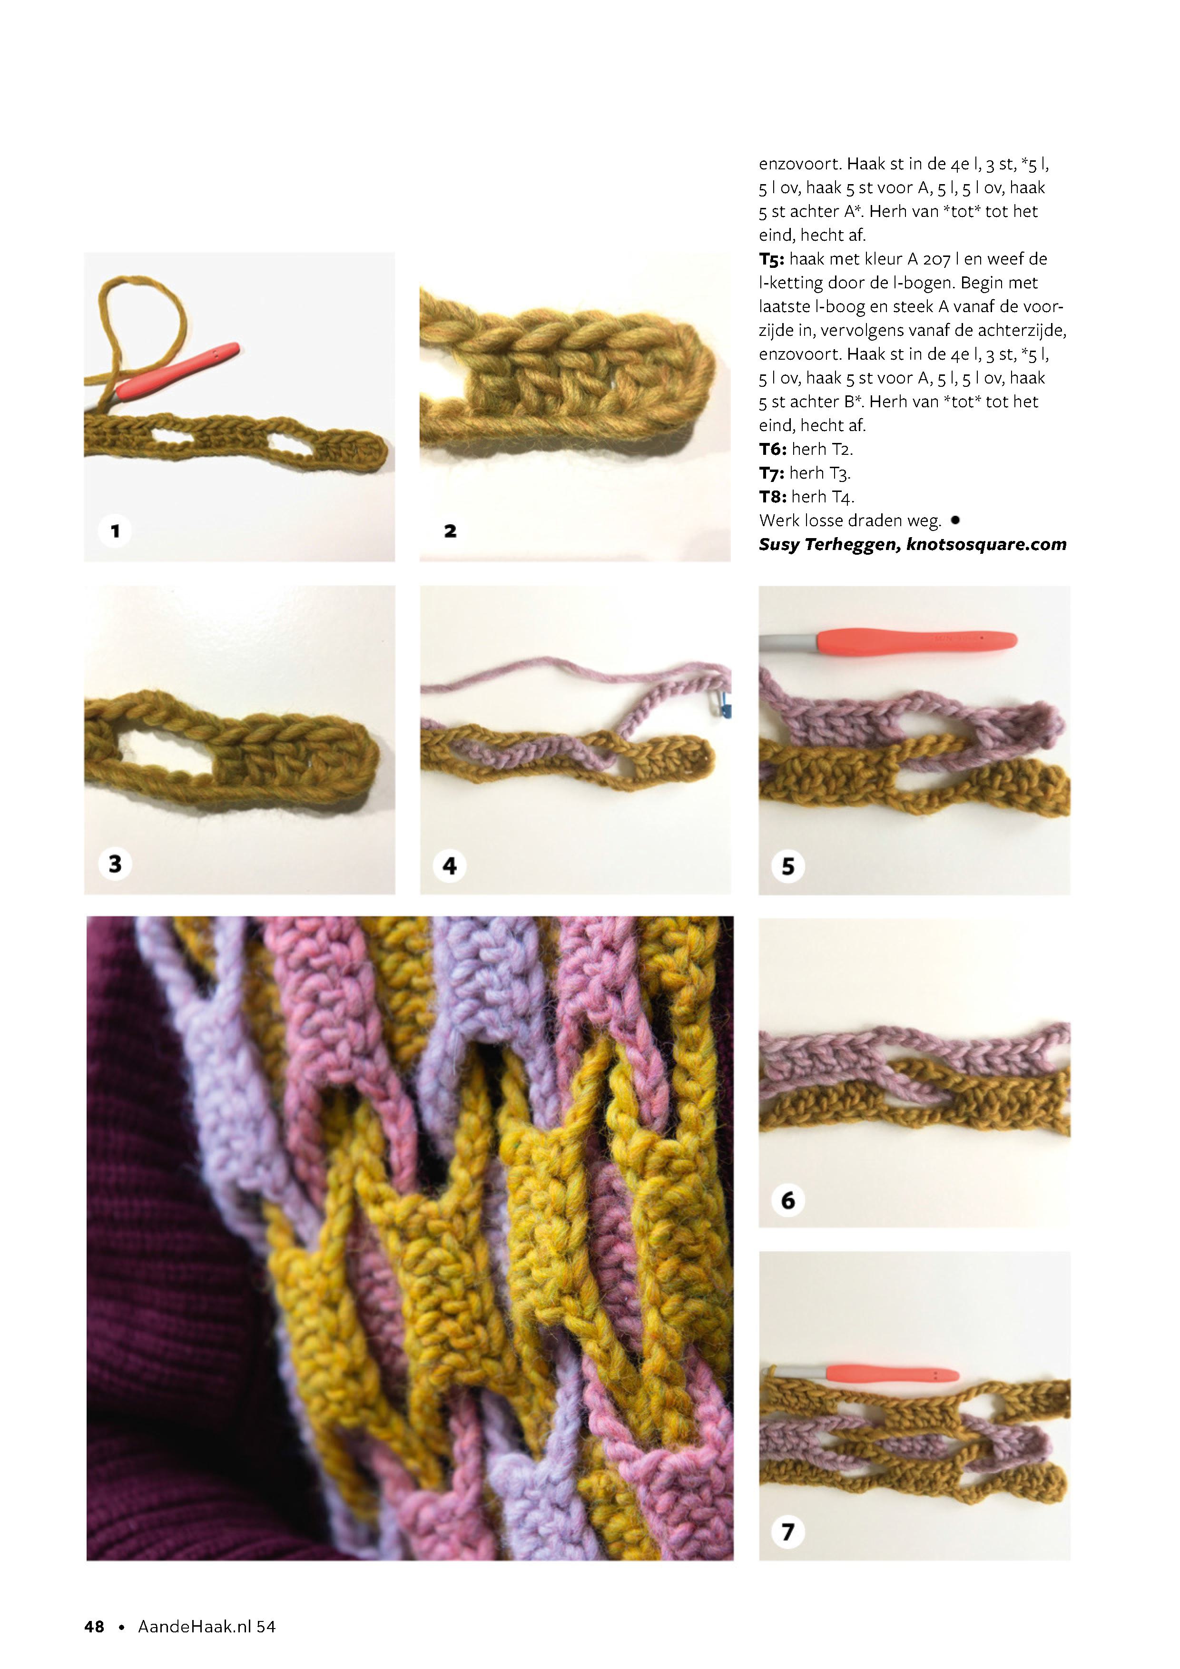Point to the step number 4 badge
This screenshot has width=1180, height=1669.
pyautogui.click(x=450, y=865)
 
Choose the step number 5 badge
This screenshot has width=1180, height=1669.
pyautogui.click(x=788, y=866)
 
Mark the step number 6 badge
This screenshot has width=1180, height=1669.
pyautogui.click(x=788, y=1199)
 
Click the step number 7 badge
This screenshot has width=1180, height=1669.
pyautogui.click(x=788, y=1532)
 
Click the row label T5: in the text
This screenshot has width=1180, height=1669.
pyautogui.click(x=771, y=259)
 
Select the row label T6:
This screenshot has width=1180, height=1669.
pyautogui.click(x=773, y=449)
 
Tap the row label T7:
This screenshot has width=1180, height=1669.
pyautogui.click(x=772, y=473)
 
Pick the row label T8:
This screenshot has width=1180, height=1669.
pyautogui.click(x=773, y=497)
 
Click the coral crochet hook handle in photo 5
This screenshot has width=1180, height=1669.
pyautogui.click(x=916, y=640)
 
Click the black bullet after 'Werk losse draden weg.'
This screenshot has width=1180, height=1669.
pyautogui.click(x=954, y=520)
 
